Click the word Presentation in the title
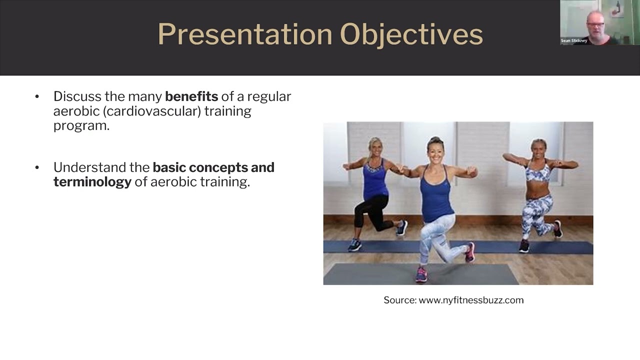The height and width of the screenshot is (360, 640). click(x=244, y=34)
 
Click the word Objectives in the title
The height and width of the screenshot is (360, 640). click(x=411, y=34)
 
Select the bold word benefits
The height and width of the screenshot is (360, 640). click(x=191, y=96)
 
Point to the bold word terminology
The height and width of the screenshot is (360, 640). click(x=92, y=182)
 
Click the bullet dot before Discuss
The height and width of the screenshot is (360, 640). click(x=37, y=96)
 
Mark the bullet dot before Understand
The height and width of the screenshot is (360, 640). click(x=37, y=167)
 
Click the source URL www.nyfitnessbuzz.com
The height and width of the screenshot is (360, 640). click(x=471, y=300)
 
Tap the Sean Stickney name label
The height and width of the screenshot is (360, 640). click(x=573, y=41)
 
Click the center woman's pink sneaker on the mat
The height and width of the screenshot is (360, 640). click(x=421, y=274)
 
